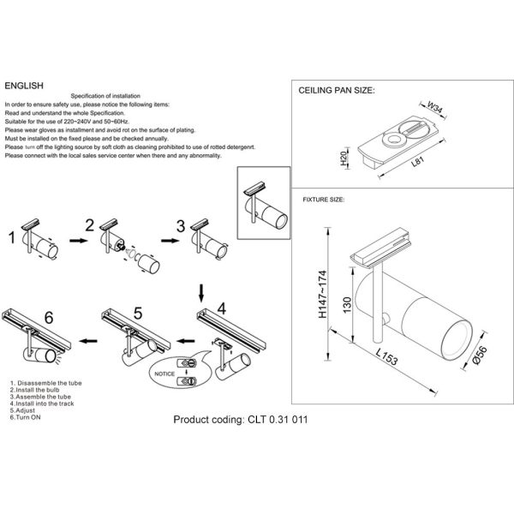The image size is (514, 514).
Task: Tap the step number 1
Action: tap(13, 235)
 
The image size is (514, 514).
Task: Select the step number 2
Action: tap(88, 227)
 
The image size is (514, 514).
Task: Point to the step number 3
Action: tap(180, 226)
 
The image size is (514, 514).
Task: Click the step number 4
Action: tap(220, 306)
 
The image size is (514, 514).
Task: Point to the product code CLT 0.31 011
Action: tap(240, 420)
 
